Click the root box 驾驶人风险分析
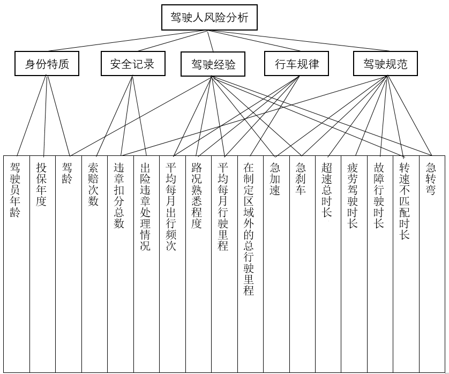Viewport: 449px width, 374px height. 209,18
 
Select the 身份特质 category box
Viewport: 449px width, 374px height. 47,64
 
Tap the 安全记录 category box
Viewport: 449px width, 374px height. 132,64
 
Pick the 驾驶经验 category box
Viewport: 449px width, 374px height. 213,65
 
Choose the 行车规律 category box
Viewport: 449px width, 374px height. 297,64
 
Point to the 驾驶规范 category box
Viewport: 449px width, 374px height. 385,64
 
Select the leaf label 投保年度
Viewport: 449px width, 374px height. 41,184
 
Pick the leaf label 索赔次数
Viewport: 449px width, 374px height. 93,184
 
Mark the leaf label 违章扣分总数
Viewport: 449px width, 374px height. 119,196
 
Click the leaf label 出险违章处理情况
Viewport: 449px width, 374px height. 145,207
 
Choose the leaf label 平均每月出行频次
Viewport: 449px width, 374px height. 171,207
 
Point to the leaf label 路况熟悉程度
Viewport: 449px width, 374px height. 197,196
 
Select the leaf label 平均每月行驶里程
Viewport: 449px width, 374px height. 223,207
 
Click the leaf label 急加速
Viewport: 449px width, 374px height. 275,179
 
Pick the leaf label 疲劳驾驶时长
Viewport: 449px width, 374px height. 353,196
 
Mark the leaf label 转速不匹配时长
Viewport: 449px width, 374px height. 405,201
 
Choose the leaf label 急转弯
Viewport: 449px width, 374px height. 431,179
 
